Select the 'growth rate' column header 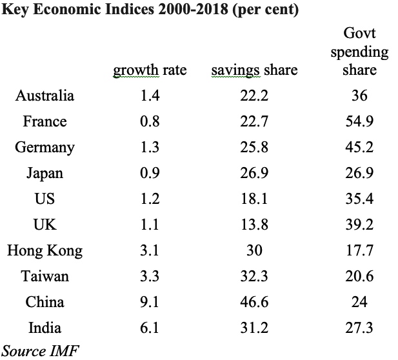click(x=150, y=70)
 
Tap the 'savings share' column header click(x=254, y=70)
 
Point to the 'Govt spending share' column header click(x=359, y=52)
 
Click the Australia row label click(x=45, y=95)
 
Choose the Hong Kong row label click(x=45, y=250)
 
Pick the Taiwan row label click(x=45, y=276)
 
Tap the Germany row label click(x=45, y=147)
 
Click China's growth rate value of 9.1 click(x=150, y=302)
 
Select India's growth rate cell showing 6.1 click(x=150, y=328)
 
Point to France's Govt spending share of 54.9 click(x=359, y=121)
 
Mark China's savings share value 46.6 click(x=254, y=302)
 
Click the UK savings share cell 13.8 click(x=254, y=225)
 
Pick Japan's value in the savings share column click(x=254, y=173)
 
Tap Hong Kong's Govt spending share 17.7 click(x=359, y=250)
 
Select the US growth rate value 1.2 click(x=150, y=199)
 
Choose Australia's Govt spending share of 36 click(x=359, y=95)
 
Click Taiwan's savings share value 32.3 click(x=254, y=276)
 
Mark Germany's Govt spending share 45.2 click(x=359, y=147)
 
